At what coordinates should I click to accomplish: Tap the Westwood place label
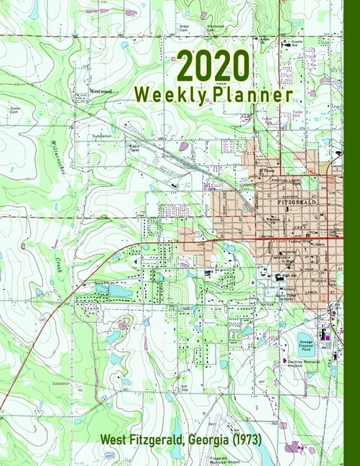101,91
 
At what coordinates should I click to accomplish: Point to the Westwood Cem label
216,28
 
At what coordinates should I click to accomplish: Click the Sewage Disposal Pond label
308,342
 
